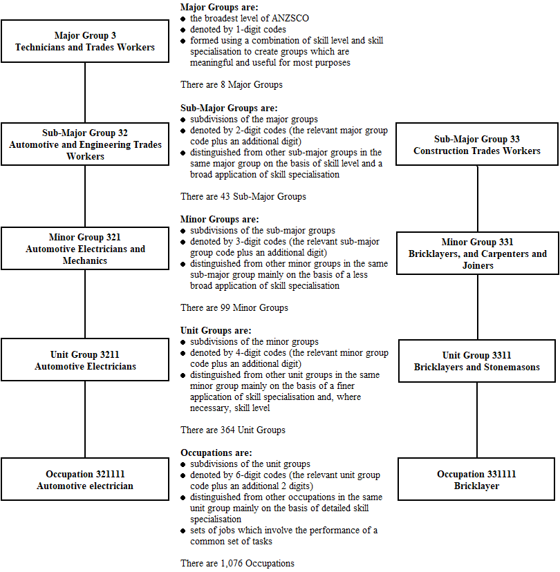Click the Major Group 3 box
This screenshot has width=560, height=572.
85,41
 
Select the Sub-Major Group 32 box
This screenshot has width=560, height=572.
85,144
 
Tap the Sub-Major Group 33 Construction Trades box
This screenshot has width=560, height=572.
477,144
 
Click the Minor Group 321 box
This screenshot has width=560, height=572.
85,249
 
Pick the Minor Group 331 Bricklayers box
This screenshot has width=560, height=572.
477,254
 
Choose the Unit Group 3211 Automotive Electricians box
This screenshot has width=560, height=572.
85,361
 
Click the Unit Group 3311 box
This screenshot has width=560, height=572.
477,361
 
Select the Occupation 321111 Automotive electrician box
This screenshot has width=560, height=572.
85,479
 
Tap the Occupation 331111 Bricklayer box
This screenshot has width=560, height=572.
477,479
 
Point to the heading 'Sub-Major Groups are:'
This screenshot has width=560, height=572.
229,108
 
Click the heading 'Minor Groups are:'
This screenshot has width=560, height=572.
218,219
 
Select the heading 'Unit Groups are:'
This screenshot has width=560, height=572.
216,331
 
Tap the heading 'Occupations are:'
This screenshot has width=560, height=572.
216,452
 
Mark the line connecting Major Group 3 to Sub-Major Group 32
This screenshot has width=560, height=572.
85,93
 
